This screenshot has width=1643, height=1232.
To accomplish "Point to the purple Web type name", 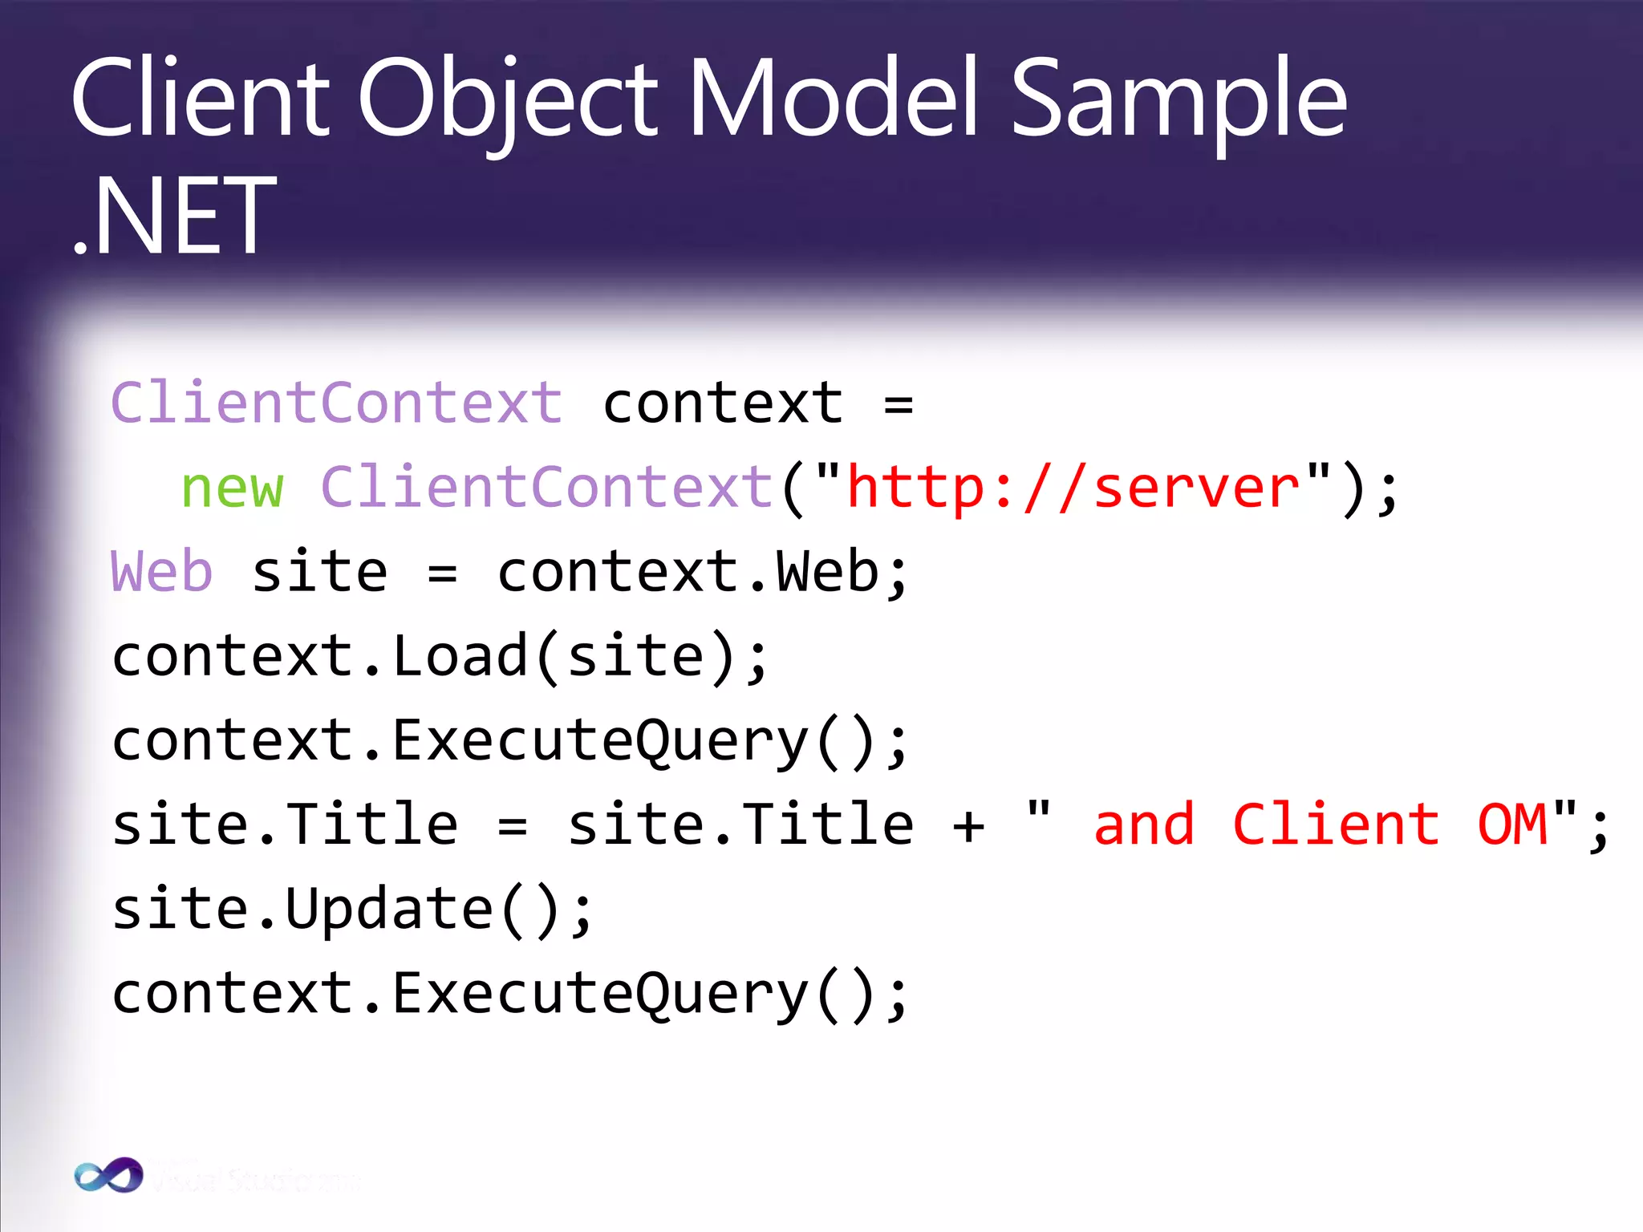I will [161, 572].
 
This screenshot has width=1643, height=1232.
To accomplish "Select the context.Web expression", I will [702, 572].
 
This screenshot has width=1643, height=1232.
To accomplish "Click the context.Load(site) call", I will [440, 657].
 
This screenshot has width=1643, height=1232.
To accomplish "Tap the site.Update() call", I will [351, 910].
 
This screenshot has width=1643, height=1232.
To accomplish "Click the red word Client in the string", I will [1336, 825].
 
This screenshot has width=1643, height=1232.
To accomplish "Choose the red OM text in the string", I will [1511, 825].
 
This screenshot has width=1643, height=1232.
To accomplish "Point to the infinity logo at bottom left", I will [108, 1176].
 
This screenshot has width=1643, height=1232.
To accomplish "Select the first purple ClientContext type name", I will [337, 403].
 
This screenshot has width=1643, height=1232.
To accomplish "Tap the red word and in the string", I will [1144, 825].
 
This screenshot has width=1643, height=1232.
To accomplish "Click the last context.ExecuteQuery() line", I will [510, 995].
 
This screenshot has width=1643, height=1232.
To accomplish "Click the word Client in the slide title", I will [201, 99].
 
